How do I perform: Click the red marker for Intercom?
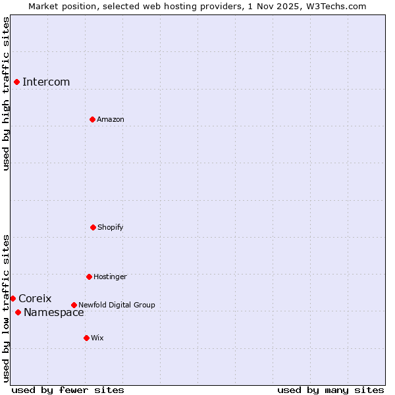pos(16,82)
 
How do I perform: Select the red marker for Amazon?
pos(92,119)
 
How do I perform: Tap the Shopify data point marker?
pos(93,227)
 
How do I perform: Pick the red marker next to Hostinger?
pos(89,276)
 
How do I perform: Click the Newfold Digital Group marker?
pos(74,305)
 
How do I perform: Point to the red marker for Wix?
pos(86,338)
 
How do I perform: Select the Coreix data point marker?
pos(13,298)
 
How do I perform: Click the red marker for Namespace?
pos(18,312)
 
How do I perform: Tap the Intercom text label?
pos(46,82)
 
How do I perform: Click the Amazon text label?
pos(111,119)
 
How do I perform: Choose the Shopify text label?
pos(111,227)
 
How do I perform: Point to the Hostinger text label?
pos(110,276)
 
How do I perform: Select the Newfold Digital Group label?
pos(117,305)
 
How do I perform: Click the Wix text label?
pos(97,338)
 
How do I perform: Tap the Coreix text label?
pos(35,299)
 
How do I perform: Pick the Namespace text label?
pos(54,313)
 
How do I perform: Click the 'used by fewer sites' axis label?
pos(68,390)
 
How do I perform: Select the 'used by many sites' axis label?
pos(330,390)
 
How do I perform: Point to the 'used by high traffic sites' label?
pos(6,93)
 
